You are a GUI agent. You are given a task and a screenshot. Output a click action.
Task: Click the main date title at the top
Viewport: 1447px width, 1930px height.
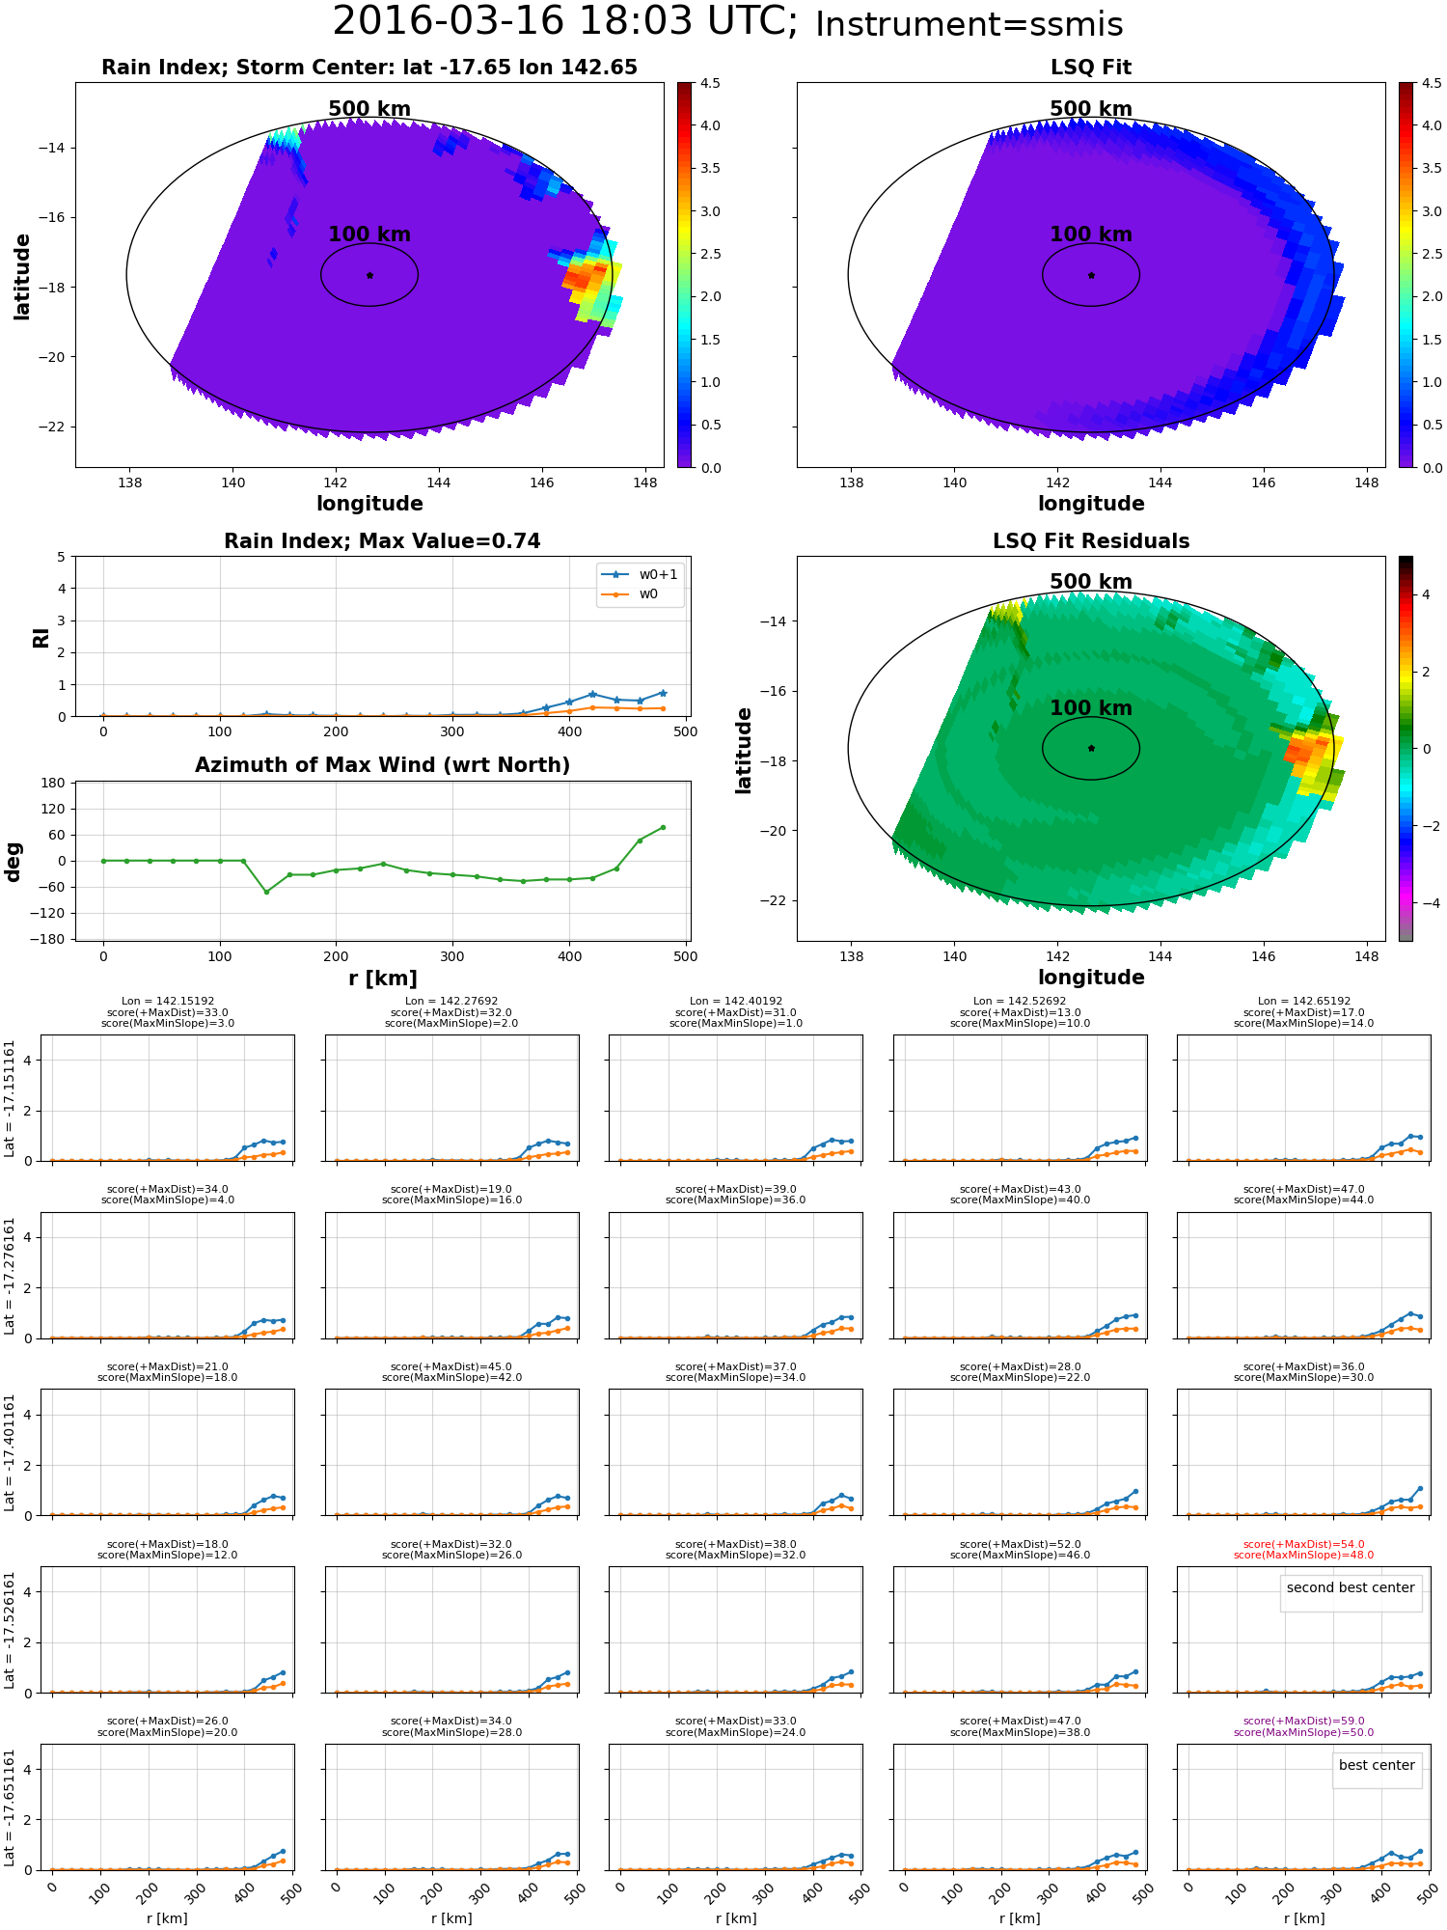pos(564,21)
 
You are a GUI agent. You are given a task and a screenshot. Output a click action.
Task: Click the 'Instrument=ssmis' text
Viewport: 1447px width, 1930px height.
pos(969,24)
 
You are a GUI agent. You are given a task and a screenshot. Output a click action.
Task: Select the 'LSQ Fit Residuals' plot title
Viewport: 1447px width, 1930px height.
pos(1091,541)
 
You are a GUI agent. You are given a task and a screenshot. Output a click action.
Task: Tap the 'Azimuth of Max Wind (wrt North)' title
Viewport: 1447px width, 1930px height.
pos(382,765)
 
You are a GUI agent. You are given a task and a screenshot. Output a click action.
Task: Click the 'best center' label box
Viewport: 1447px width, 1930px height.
pos(1377,1765)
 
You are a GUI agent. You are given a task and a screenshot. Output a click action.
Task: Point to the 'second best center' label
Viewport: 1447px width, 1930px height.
pos(1351,1587)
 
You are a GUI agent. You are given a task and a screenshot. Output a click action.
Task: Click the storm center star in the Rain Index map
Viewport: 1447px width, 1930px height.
pos(369,275)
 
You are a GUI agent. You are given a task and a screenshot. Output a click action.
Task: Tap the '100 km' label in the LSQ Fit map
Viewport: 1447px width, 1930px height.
pos(1091,234)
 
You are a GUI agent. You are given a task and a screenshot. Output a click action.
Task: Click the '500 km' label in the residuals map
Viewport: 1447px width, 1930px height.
pos(1091,582)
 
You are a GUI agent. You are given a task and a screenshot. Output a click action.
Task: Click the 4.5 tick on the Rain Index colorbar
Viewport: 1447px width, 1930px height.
pos(710,83)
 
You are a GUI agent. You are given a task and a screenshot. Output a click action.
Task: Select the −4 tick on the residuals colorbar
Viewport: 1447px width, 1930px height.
pos(1424,903)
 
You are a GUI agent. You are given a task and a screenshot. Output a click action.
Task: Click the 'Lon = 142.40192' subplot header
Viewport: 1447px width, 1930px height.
pos(736,1001)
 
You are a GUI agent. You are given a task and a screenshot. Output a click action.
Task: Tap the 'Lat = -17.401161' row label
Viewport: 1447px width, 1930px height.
pos(10,1452)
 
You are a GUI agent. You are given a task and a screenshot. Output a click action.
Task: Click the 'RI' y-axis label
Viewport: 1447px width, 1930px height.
pos(41,637)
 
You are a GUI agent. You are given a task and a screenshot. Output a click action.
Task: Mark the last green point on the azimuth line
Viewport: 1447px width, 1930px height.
pos(663,827)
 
